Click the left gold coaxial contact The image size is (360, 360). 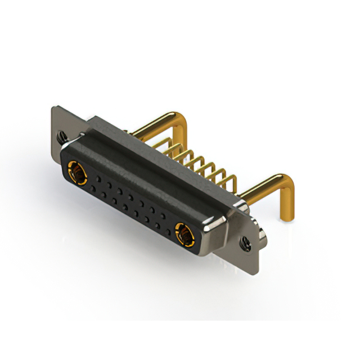point(76,170)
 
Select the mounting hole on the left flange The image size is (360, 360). point(60,136)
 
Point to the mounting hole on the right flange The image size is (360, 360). point(245,243)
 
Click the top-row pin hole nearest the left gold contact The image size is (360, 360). point(97,179)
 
